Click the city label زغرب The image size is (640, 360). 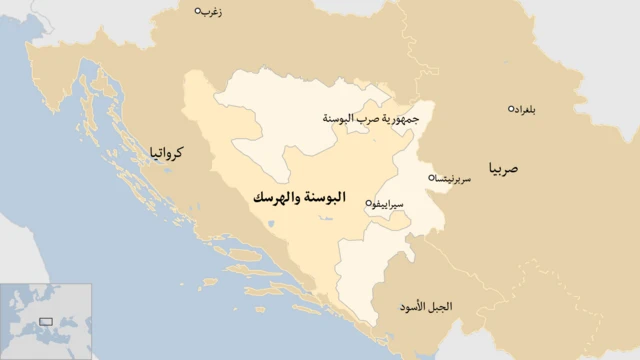click(x=212, y=12)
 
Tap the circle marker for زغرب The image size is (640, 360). click(x=197, y=11)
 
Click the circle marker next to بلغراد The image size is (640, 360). click(x=512, y=108)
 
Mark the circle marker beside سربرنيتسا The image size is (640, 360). click(x=431, y=178)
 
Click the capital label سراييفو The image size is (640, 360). click(x=390, y=203)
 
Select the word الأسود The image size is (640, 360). click(x=421, y=304)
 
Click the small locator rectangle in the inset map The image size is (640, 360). click(x=46, y=322)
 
